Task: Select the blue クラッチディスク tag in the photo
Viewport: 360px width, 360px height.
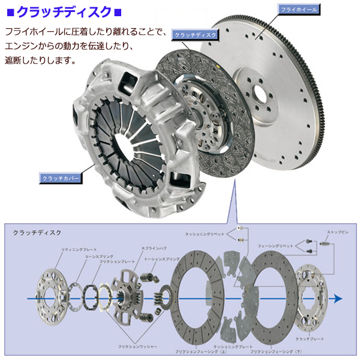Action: click(193, 35)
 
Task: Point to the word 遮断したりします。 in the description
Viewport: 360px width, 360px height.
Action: click(40, 61)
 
